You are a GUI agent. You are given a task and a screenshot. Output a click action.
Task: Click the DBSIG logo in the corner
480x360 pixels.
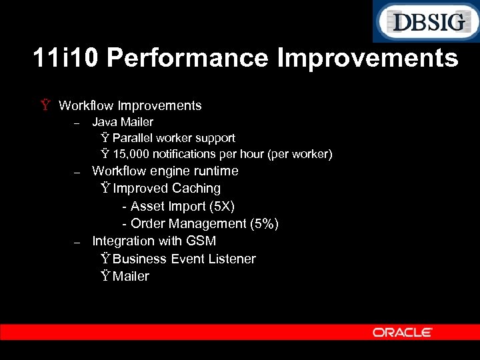tap(425, 22)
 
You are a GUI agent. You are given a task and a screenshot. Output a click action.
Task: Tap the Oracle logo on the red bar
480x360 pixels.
tap(403, 332)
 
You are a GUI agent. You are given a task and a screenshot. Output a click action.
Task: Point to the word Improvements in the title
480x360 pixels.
tap(367, 59)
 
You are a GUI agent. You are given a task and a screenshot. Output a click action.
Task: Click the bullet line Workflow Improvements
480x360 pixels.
tap(130, 105)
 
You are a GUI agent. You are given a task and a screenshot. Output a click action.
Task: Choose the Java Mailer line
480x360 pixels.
tap(123, 122)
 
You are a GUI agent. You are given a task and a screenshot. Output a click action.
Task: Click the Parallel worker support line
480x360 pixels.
tap(173, 138)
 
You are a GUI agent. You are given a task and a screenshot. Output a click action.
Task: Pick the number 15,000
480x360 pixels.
tap(133, 155)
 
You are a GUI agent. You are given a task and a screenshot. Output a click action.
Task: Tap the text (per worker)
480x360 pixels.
tap(299, 155)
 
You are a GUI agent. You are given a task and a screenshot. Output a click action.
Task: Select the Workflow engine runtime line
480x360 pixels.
tap(165, 171)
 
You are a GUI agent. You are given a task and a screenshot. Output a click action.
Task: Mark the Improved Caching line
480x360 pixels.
tap(166, 189)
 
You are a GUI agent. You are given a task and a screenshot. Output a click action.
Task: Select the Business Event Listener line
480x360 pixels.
tap(184, 259)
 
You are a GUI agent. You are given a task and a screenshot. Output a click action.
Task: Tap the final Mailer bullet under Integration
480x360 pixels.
tap(131, 276)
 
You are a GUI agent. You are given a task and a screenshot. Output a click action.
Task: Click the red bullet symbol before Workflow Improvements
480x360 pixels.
tap(45, 105)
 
